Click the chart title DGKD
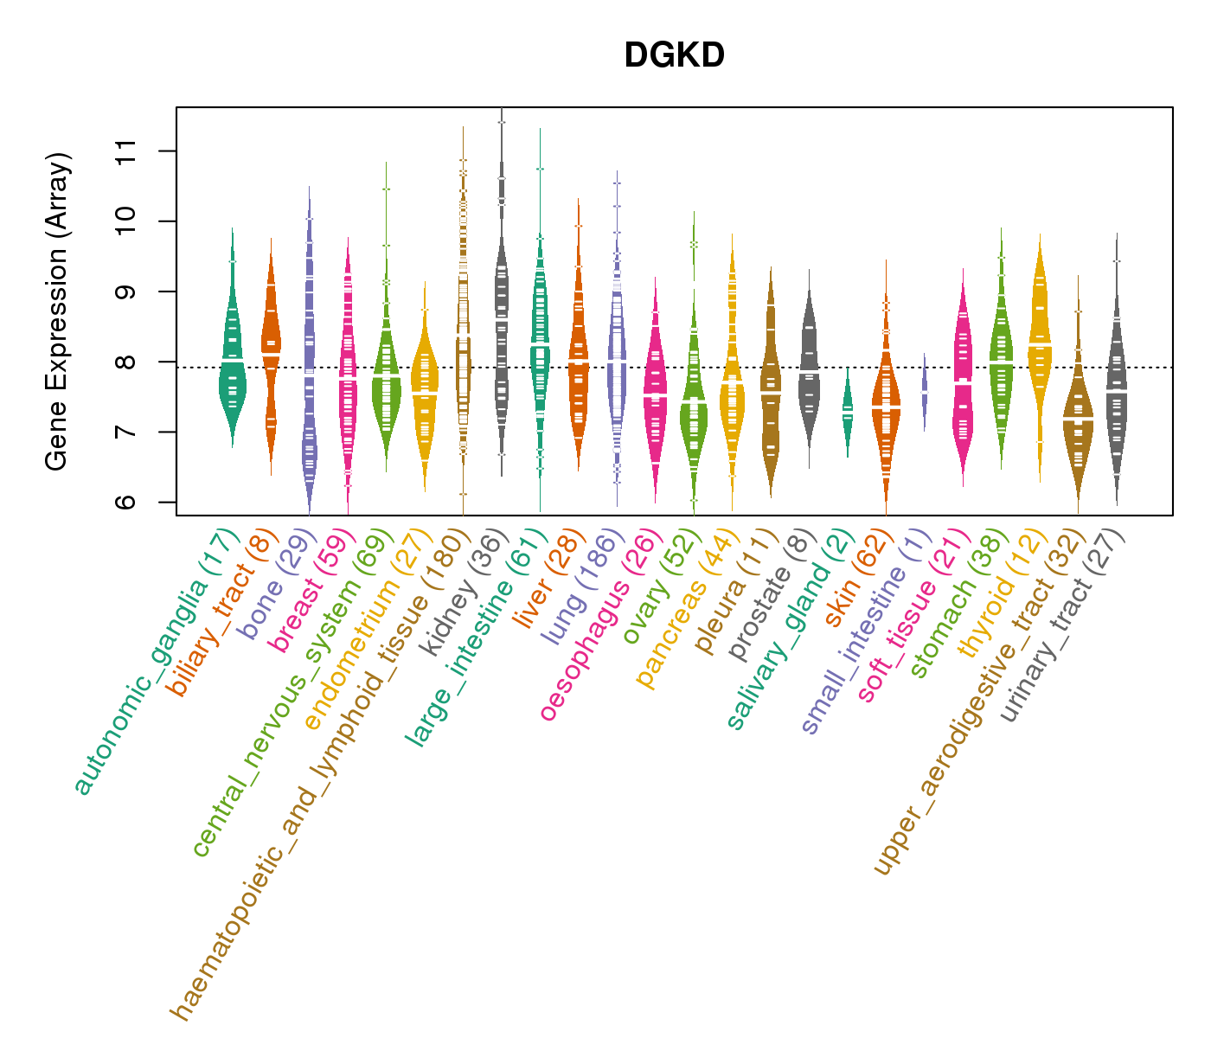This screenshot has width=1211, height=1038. coord(674,56)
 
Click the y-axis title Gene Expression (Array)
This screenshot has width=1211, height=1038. coord(57,311)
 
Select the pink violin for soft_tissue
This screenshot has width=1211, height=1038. coord(963,372)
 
